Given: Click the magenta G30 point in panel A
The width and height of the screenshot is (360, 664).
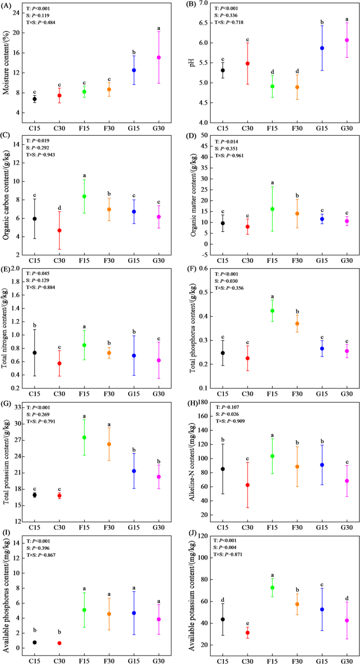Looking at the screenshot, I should click(x=158, y=57).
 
